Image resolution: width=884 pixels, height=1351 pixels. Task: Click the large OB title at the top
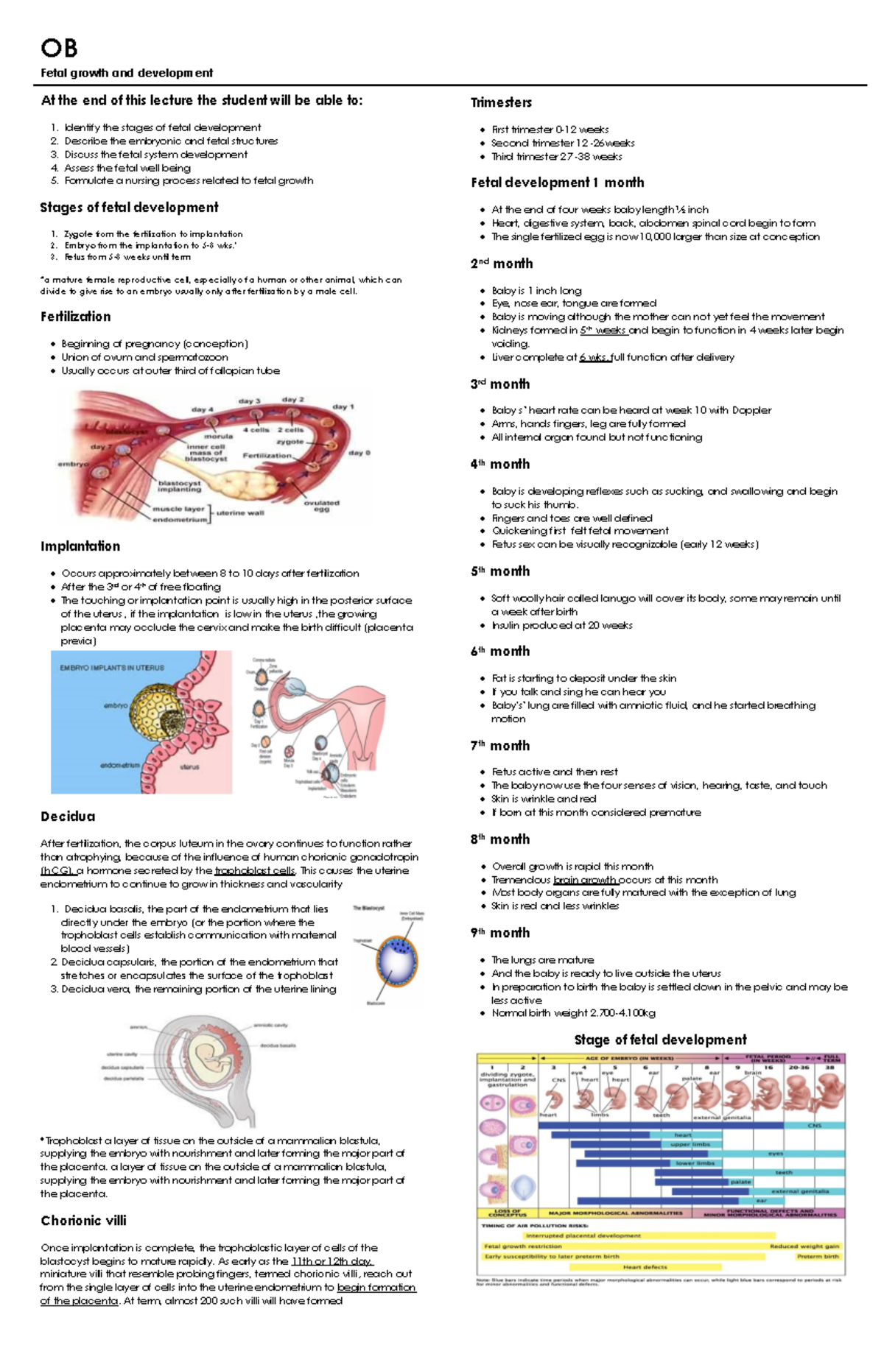(59, 49)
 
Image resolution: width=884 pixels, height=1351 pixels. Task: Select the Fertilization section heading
(76, 317)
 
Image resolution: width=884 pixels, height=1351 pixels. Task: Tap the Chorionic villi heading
(83, 1220)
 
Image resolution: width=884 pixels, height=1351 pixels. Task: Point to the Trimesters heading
(501, 102)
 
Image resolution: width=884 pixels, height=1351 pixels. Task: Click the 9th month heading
(500, 933)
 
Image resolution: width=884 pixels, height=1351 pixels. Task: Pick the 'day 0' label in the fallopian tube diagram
(359, 453)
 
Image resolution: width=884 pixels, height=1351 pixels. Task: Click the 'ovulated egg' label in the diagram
(321, 506)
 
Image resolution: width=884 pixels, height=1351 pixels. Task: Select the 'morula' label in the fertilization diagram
(218, 436)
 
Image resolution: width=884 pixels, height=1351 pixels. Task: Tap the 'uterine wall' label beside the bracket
(240, 512)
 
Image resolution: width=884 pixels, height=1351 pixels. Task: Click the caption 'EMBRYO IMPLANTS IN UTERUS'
(112, 668)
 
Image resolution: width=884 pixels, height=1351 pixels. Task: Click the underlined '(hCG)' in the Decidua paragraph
(56, 870)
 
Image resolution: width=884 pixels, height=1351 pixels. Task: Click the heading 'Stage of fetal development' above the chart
(660, 1040)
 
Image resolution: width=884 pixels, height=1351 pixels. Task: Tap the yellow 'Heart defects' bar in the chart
(645, 1267)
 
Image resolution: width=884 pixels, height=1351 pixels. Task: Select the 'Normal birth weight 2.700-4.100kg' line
(573, 1013)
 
